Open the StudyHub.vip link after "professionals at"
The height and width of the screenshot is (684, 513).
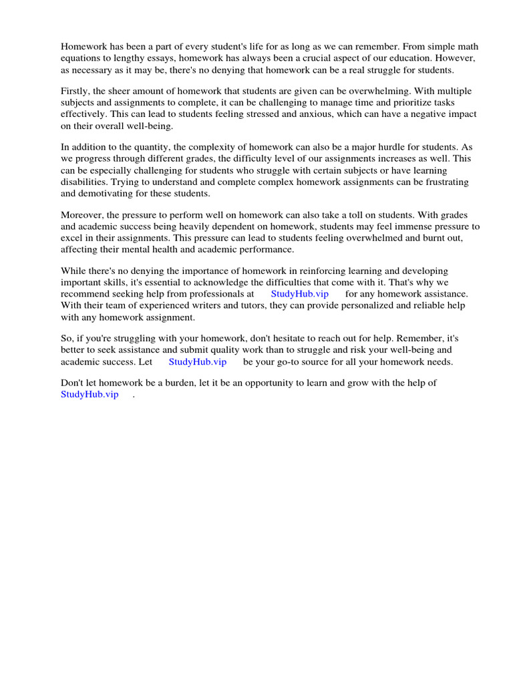pos(299,294)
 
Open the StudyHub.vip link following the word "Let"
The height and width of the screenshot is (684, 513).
pos(197,361)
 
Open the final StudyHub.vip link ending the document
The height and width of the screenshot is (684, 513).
pos(90,395)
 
